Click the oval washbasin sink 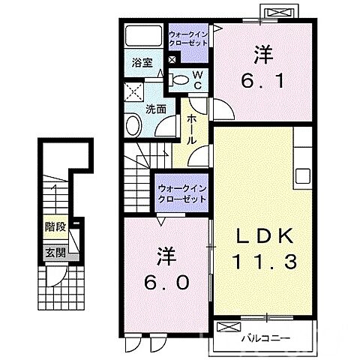click(134, 126)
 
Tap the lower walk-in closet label click(182, 193)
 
